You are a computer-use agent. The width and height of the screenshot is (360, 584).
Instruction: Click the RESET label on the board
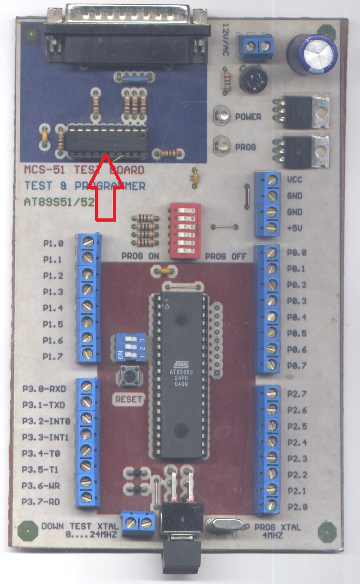(129, 399)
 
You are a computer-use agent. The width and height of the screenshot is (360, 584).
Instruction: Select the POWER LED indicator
(221, 115)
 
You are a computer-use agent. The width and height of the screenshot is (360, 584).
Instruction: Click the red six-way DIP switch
(186, 231)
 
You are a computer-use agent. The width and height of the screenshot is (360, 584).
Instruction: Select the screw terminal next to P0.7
(271, 364)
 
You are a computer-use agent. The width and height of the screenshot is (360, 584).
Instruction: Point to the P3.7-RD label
(41, 502)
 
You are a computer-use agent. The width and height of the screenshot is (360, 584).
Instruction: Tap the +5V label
(294, 228)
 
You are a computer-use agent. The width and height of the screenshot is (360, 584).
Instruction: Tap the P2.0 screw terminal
(271, 505)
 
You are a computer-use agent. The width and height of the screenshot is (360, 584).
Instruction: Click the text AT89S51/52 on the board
(59, 201)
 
